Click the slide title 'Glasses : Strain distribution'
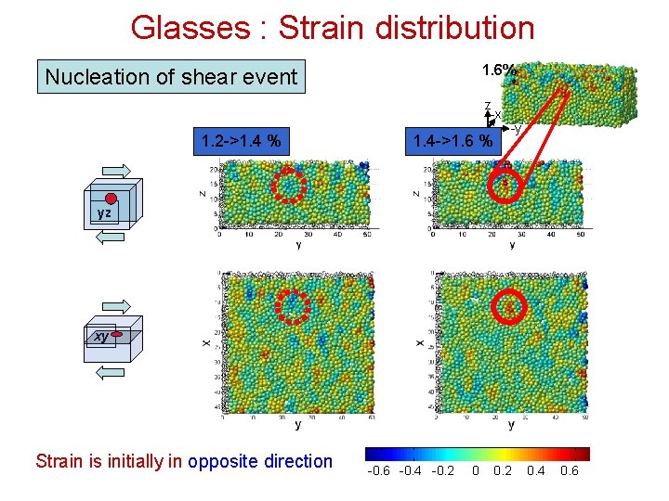tap(333, 27)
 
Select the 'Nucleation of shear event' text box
tap(171, 77)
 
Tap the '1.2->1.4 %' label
tap(242, 141)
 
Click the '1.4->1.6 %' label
tap(453, 141)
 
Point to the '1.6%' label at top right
tap(499, 71)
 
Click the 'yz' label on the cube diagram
tap(104, 212)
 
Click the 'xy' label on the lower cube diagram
tap(101, 337)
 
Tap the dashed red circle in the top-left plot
tap(288, 186)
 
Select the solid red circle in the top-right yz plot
tap(505, 187)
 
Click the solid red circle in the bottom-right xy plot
tap(510, 305)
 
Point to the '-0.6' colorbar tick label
tap(379, 471)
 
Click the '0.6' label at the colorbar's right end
tap(569, 471)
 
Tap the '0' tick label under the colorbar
tap(476, 471)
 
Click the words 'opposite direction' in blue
tap(260, 461)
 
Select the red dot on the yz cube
tap(111, 199)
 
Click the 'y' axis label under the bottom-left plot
tap(297, 425)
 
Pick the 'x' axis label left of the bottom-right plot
tap(420, 342)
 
